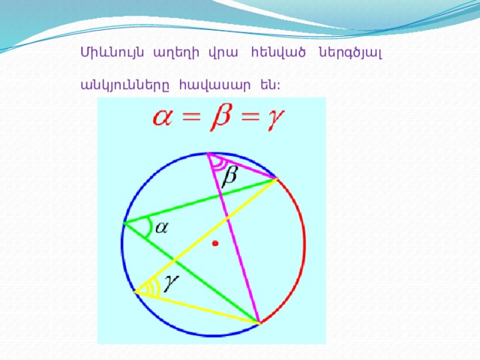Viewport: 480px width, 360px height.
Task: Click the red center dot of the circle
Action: click(x=215, y=243)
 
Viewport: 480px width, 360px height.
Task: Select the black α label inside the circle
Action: click(x=162, y=228)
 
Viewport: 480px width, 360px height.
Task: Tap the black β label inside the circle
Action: click(x=229, y=177)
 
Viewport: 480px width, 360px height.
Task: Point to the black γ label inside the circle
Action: click(x=171, y=283)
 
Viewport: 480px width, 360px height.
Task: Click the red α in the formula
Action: click(x=162, y=118)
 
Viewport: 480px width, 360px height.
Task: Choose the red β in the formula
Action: click(x=220, y=117)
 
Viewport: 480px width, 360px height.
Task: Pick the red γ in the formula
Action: click(x=275, y=119)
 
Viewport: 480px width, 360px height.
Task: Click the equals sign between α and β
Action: click(x=191, y=118)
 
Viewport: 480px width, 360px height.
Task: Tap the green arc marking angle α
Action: click(x=150, y=227)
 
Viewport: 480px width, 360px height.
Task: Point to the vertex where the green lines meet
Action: click(x=124, y=223)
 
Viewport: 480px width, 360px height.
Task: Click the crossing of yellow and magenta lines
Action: click(x=226, y=218)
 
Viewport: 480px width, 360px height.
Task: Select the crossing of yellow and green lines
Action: click(x=175, y=260)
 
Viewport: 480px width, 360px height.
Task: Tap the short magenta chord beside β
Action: click(x=242, y=166)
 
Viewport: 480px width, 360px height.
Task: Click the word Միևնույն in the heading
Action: click(x=112, y=52)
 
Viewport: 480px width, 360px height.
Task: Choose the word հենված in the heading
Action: click(x=278, y=52)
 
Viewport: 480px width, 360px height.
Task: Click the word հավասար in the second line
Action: click(x=215, y=85)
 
